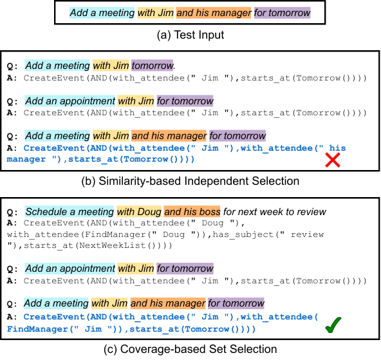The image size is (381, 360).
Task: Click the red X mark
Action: (x=333, y=160)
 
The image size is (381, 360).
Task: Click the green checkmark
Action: (x=333, y=325)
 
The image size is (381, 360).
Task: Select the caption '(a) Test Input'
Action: (x=190, y=35)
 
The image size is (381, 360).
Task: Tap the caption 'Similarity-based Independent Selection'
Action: (x=199, y=181)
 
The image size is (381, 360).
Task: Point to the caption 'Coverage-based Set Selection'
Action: (x=198, y=349)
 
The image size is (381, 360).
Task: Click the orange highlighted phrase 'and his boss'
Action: (x=192, y=211)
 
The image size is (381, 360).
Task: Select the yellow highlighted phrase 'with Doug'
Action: (x=139, y=211)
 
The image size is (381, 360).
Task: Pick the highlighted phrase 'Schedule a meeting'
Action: (x=70, y=211)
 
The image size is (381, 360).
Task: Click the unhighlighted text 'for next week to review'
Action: (x=275, y=211)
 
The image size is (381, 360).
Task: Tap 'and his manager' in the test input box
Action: (x=214, y=13)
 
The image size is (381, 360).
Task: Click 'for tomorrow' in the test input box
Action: (x=282, y=13)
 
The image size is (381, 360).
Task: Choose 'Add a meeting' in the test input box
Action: (x=102, y=13)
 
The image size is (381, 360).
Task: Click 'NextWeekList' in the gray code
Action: (x=113, y=245)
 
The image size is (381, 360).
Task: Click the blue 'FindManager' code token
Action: (x=38, y=329)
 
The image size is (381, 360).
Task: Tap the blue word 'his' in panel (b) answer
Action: (x=337, y=147)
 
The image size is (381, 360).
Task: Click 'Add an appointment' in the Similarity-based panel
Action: (x=70, y=100)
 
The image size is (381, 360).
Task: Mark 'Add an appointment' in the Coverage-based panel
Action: (x=70, y=269)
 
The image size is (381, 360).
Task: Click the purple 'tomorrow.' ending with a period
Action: (x=153, y=66)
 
